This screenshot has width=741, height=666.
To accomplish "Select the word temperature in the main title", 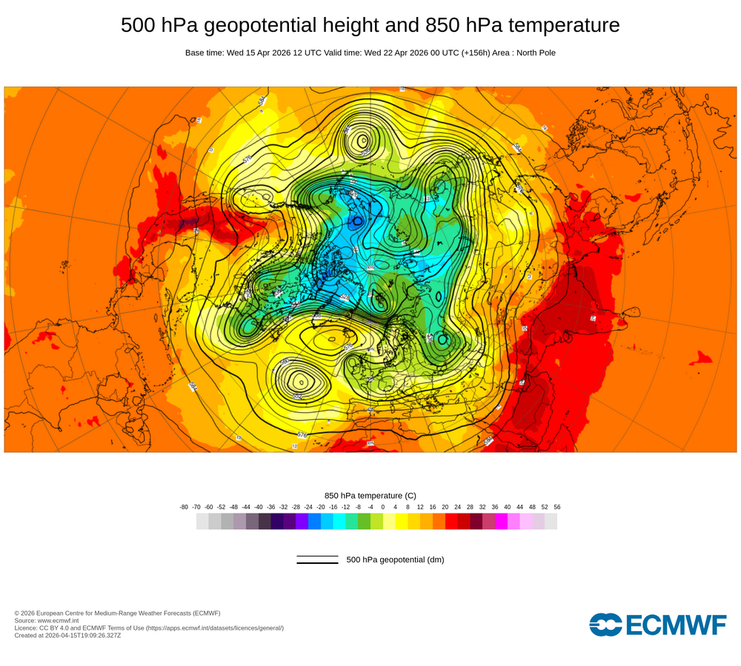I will pyautogui.click(x=564, y=26).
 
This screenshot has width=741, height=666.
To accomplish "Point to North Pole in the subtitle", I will pyautogui.click(x=533, y=53).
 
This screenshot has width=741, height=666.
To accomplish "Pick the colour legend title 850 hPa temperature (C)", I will pyautogui.click(x=370, y=495).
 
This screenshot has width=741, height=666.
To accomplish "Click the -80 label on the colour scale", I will pyautogui.click(x=184, y=507).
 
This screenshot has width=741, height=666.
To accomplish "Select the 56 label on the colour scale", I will pyautogui.click(x=556, y=507).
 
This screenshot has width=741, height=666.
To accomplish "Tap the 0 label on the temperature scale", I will pyautogui.click(x=382, y=507).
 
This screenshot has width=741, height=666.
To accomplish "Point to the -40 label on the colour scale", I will pyautogui.click(x=259, y=507).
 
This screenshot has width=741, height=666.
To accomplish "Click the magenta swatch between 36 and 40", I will pyautogui.click(x=501, y=521).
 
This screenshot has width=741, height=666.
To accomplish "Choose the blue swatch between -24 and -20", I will pyautogui.click(x=314, y=521).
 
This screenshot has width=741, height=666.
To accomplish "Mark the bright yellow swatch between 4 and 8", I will pyautogui.click(x=401, y=521).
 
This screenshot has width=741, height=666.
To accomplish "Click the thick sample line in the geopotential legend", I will pyautogui.click(x=317, y=563).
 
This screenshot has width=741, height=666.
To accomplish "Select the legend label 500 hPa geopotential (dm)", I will pyautogui.click(x=395, y=559).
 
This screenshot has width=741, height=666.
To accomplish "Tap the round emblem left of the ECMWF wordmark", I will pyautogui.click(x=606, y=625).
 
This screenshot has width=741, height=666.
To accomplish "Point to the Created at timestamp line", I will pyautogui.click(x=67, y=636).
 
